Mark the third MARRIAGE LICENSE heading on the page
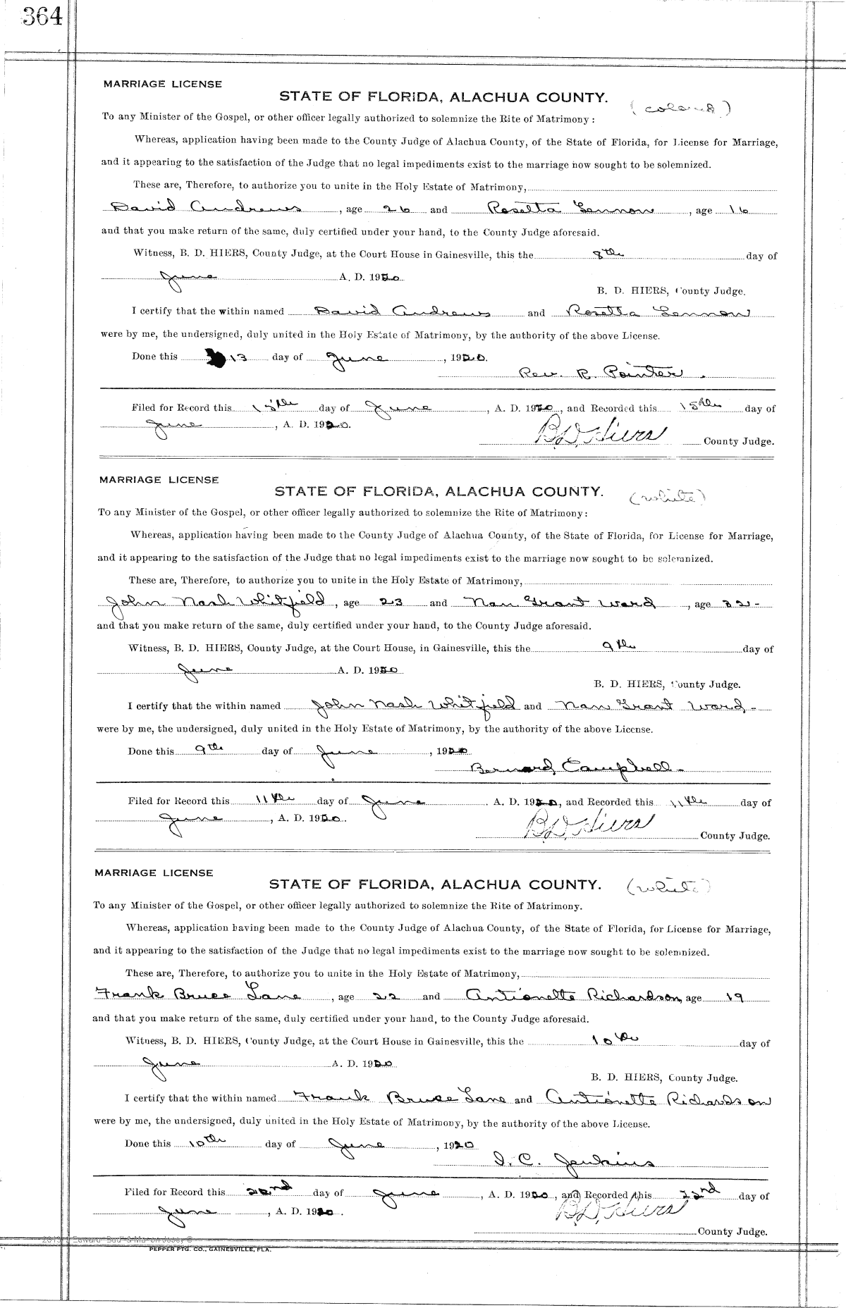pos(154,872)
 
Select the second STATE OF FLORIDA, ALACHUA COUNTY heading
pos(439,491)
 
